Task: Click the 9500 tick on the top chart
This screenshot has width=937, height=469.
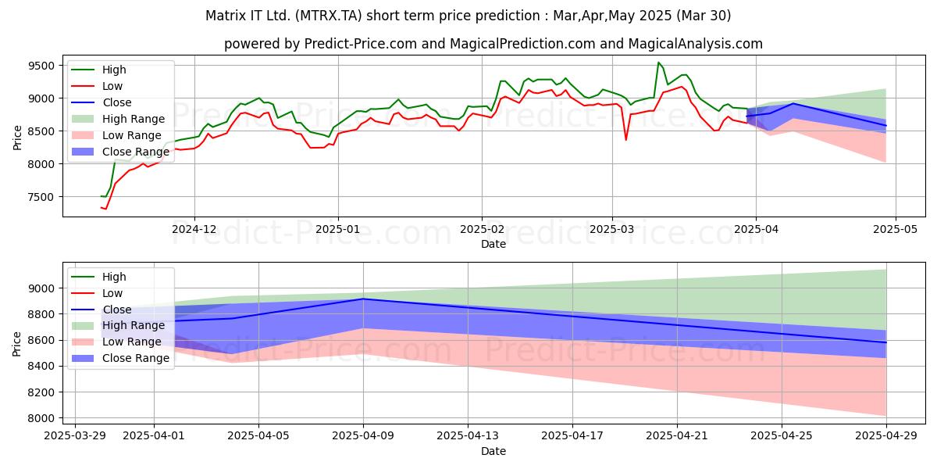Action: click(x=41, y=66)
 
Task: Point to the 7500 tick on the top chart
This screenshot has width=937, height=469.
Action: click(x=41, y=197)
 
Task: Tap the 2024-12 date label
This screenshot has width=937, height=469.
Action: click(x=194, y=230)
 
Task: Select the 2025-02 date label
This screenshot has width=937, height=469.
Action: click(x=482, y=230)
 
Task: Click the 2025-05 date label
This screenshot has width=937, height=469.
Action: click(x=895, y=230)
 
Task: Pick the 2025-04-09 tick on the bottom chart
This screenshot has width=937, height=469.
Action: click(x=363, y=436)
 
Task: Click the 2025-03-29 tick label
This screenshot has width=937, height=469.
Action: click(x=75, y=436)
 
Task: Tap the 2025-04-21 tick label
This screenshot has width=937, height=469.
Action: click(x=677, y=436)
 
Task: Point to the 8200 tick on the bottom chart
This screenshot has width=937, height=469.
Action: click(x=41, y=392)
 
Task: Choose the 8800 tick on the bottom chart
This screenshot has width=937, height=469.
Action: click(x=41, y=314)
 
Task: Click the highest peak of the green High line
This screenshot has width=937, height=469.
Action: click(x=658, y=63)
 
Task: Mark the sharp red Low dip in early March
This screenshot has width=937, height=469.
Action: click(x=625, y=140)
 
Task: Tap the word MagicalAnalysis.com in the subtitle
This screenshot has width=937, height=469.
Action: click(x=695, y=44)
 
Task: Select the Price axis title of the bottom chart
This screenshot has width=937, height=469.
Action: click(x=16, y=344)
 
